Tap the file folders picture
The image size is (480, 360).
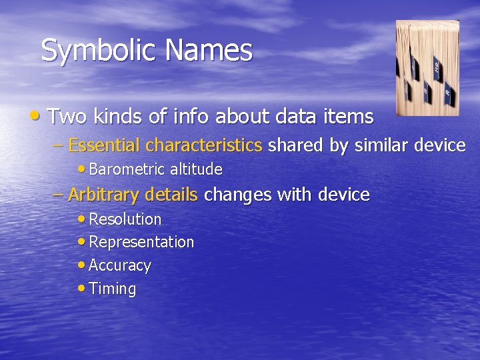coord(427,68)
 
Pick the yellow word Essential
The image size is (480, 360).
coord(105,145)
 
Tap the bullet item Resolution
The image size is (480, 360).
coord(125,219)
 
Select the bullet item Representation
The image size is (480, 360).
coord(141,243)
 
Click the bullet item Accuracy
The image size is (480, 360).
coord(120,265)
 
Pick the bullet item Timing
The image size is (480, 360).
coord(112,289)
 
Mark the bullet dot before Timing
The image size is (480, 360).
coord(81,289)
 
